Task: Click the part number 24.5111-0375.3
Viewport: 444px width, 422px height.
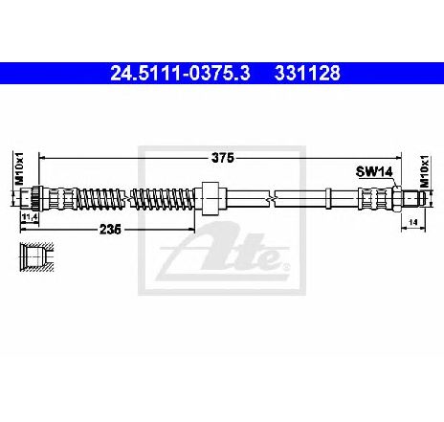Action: point(180,74)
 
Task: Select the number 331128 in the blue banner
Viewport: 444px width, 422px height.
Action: point(307,74)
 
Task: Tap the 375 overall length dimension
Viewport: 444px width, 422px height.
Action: point(223,158)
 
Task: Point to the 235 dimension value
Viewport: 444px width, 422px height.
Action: point(110,229)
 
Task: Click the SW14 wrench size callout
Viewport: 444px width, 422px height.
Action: point(374,172)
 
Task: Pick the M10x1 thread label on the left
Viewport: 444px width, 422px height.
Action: point(20,168)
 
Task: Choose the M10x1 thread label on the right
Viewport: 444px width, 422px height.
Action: point(424,171)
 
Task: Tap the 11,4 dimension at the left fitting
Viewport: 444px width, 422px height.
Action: point(30,217)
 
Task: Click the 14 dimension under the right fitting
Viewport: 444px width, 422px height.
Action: point(413,222)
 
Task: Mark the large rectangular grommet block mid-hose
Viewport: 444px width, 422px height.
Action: point(211,198)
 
